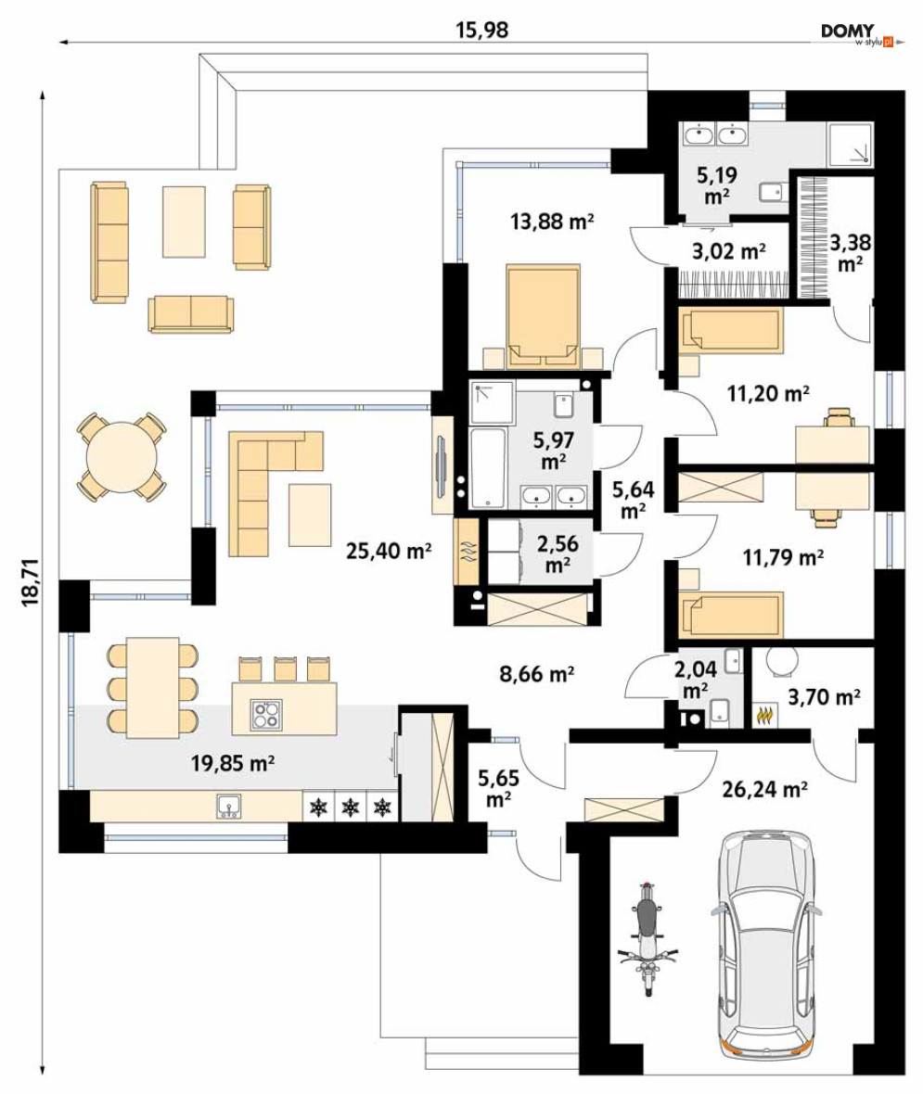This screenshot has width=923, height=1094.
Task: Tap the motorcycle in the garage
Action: [648, 938]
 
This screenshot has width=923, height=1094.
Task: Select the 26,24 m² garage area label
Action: [765, 789]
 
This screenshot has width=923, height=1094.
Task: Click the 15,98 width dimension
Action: [481, 30]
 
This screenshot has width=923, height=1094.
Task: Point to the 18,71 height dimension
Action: [30, 582]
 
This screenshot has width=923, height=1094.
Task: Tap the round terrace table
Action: [122, 458]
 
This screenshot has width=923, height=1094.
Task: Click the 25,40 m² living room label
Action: [389, 552]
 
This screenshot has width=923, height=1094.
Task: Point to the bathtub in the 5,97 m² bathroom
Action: [487, 468]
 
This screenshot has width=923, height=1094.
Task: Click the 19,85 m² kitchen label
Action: [233, 763]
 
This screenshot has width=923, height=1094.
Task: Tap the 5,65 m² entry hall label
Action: [498, 788]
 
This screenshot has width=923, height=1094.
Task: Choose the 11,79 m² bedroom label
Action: [783, 557]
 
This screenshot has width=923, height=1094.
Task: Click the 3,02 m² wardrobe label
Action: [729, 250]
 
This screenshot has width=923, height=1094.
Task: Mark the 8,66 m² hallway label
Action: [537, 674]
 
